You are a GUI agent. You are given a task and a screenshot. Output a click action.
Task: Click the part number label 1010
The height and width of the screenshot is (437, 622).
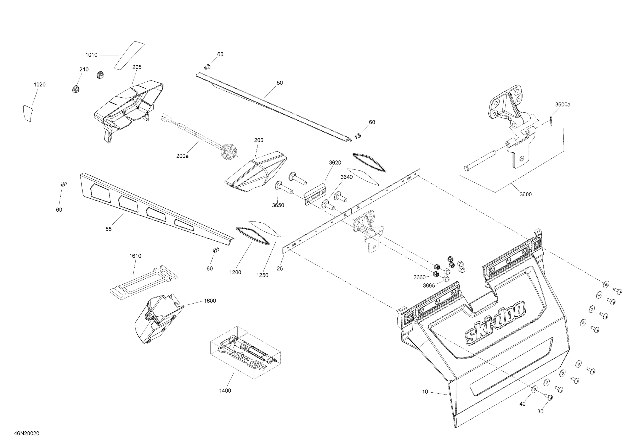[91, 55]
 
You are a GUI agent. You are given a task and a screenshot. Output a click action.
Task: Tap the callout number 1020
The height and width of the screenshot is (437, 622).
[40, 85]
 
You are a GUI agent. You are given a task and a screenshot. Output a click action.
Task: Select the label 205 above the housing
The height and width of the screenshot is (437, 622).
[137, 67]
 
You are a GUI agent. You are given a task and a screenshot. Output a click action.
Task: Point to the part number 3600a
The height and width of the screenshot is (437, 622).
[563, 104]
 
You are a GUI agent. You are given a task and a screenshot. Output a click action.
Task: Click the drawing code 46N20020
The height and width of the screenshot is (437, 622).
[27, 433]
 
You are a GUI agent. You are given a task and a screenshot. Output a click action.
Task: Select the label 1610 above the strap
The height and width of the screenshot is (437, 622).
[135, 256]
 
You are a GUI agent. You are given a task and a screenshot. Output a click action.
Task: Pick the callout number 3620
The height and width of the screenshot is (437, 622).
[335, 163]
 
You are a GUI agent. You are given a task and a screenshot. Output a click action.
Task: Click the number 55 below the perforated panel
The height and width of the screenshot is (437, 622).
[108, 229]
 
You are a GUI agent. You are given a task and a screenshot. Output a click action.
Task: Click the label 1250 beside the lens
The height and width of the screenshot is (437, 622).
[262, 275]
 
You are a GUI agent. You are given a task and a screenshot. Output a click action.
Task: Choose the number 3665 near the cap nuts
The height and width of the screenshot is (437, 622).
[429, 286]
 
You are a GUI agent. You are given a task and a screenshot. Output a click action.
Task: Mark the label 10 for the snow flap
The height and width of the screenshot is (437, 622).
[425, 392]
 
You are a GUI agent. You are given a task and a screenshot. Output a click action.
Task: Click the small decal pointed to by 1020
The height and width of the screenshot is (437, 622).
[28, 113]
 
